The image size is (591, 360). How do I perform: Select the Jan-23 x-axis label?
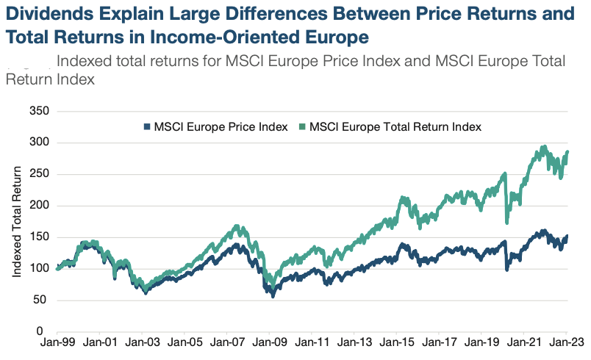(x=566, y=344)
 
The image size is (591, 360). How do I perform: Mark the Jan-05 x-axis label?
(x=185, y=344)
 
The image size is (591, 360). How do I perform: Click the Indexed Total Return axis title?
(x=17, y=221)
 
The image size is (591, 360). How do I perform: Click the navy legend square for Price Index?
(x=147, y=126)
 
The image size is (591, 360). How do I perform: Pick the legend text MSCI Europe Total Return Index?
(x=395, y=126)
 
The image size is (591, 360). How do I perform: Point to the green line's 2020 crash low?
(x=507, y=221)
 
